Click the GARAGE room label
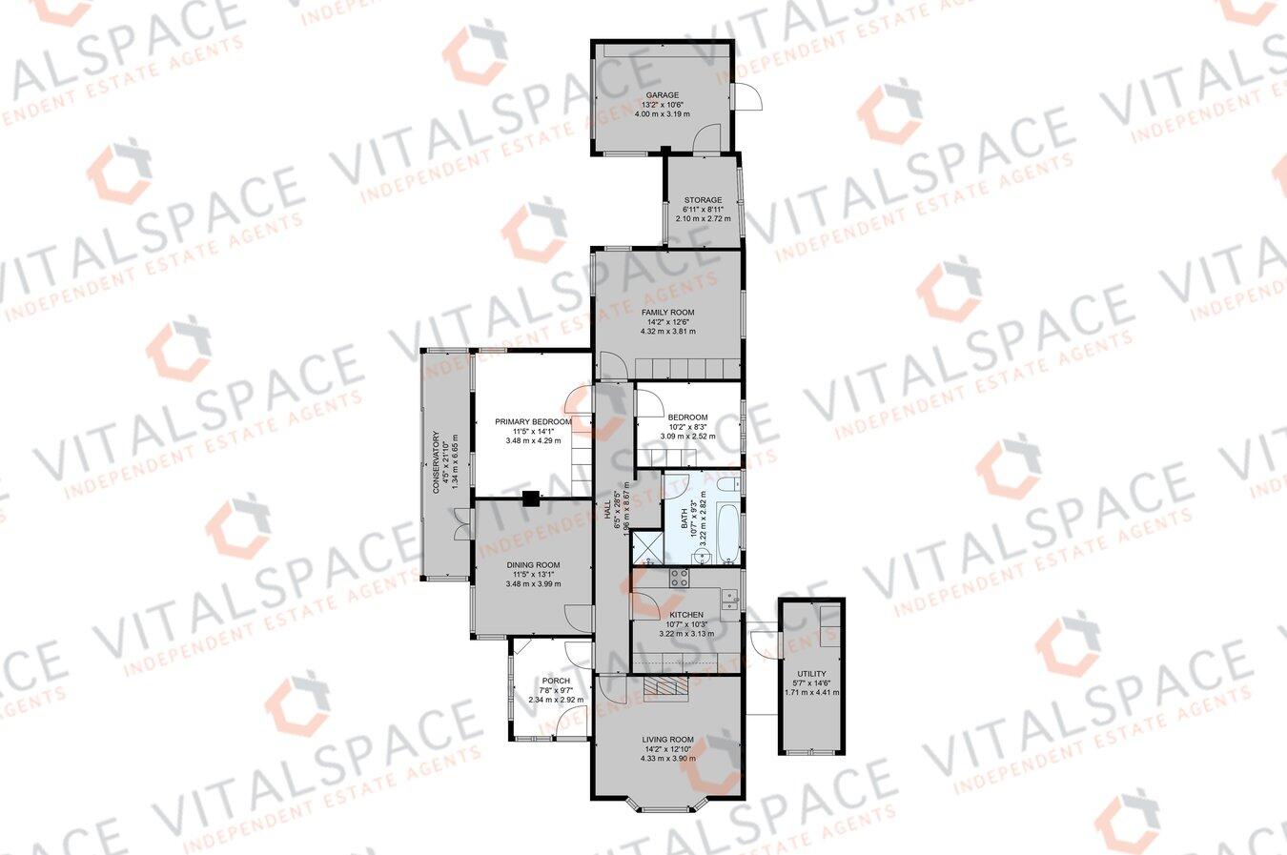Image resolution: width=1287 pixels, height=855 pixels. coord(662,95)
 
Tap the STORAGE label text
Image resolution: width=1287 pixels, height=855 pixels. coord(702,200)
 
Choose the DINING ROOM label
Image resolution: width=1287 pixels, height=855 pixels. coord(533,565)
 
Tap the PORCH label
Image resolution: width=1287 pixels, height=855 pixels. coord(555,681)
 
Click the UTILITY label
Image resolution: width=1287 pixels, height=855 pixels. coord(811,674)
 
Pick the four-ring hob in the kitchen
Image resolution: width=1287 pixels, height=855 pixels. coord(680,576)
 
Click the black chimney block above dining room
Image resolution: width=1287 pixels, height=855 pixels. coord(531,496)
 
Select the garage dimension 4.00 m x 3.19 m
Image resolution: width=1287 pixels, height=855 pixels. coord(662,113)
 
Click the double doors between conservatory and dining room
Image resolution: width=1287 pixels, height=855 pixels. coord(462,525)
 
